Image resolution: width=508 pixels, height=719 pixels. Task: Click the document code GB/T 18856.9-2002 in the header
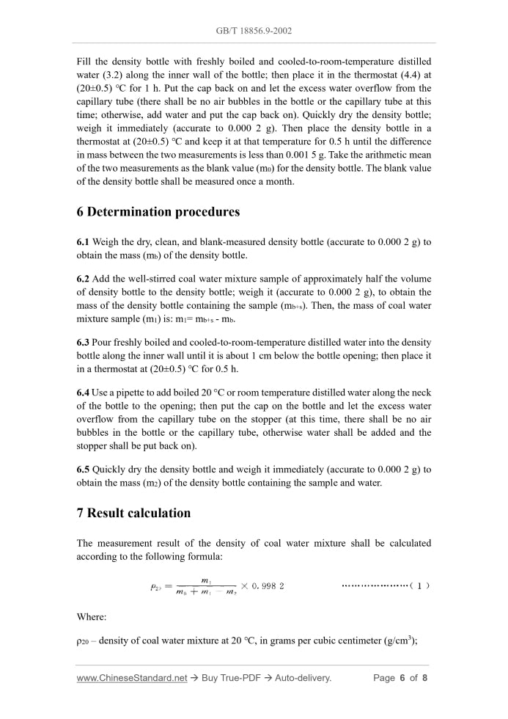pos(254,32)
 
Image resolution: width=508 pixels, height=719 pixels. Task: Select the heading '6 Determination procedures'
pos(158,212)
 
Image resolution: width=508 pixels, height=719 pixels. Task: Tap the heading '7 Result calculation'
pos(133,513)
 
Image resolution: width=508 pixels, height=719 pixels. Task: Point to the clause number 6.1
pos(84,242)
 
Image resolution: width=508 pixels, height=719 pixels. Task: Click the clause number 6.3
pos(84,342)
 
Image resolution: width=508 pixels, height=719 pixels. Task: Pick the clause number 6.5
pos(84,469)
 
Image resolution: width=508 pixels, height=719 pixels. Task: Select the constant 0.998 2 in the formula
pos(268,586)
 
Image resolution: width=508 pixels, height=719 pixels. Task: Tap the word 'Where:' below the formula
pos(92,617)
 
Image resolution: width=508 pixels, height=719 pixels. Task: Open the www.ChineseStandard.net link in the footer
pos(132,678)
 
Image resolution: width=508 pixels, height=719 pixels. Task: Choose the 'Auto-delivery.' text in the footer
pos(303,678)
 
